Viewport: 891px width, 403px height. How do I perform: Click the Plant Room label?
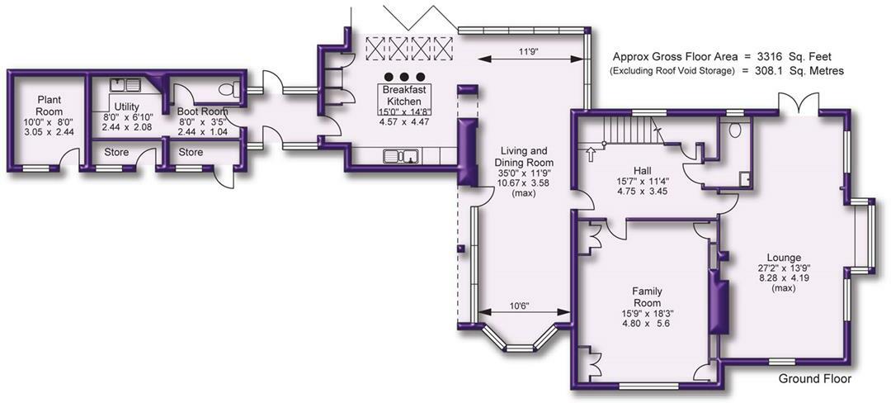pyautogui.click(x=49, y=106)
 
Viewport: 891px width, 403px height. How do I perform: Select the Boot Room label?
pyautogui.click(x=202, y=111)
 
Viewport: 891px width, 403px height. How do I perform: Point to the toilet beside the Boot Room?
pyautogui.click(x=233, y=88)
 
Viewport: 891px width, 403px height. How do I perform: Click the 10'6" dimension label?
pyautogui.click(x=519, y=306)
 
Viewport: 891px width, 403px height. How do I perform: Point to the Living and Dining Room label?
pyautogui.click(x=525, y=156)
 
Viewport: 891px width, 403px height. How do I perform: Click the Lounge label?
pyautogui.click(x=782, y=257)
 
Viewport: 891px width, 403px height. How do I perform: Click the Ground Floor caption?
pyautogui.click(x=814, y=379)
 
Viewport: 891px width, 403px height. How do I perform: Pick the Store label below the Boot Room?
pyautogui.click(x=191, y=152)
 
